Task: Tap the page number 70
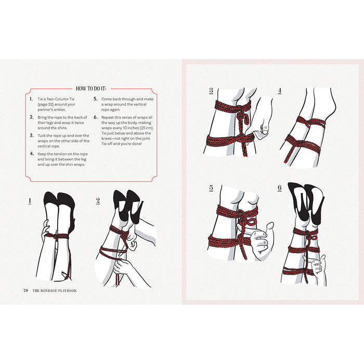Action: click(25, 290)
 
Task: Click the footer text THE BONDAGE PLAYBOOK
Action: click(54, 290)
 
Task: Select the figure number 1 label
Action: click(30, 200)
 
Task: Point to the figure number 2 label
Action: click(98, 200)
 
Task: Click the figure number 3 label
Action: click(211, 90)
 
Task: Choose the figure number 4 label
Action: click(280, 90)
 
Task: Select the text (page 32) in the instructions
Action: click(47, 104)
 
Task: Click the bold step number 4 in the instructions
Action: click(31, 153)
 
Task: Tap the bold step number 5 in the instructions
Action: click(95, 98)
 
